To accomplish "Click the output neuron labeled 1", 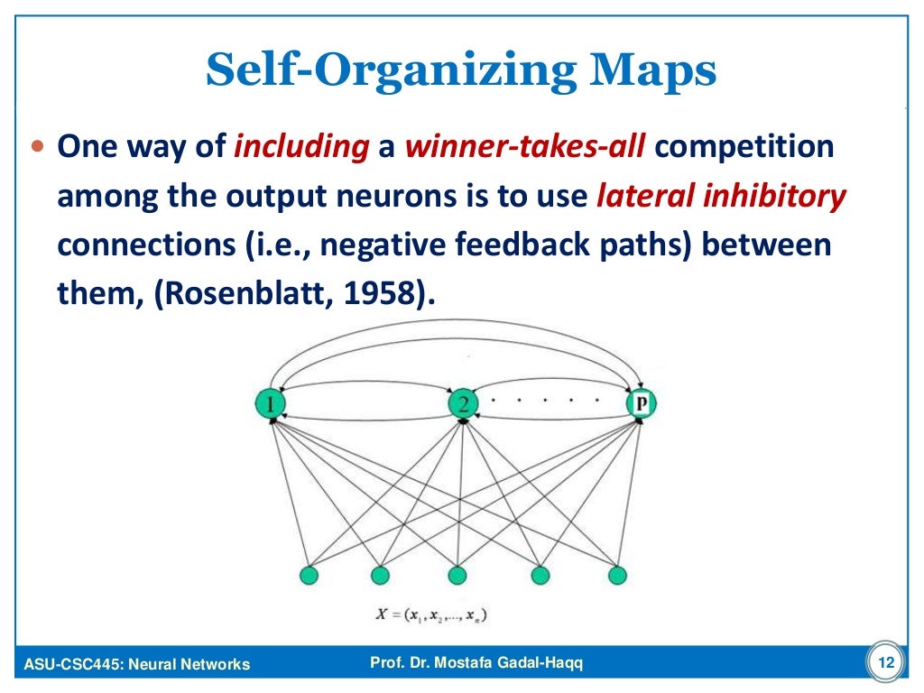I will click(x=270, y=403).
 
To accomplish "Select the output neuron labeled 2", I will click(x=462, y=403).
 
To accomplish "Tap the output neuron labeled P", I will click(x=642, y=402).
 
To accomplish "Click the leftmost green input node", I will click(x=309, y=575).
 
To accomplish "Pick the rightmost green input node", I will click(x=617, y=575).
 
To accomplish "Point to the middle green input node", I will click(x=457, y=575).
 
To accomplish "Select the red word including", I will click(x=300, y=146).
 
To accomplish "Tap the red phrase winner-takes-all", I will click(x=526, y=146).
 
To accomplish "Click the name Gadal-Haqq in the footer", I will click(x=532, y=664).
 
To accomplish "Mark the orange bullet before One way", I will click(x=37, y=146).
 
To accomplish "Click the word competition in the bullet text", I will click(x=744, y=146).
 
